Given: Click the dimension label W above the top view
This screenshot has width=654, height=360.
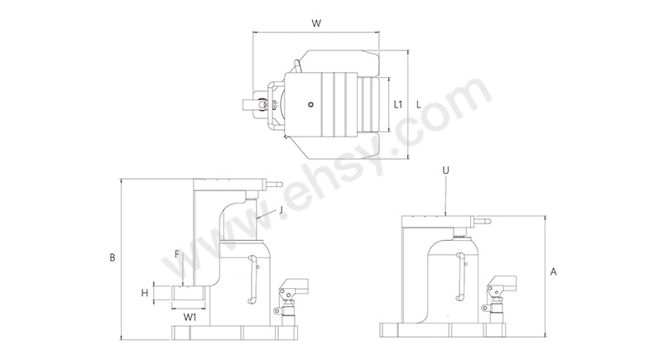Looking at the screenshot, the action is pyautogui.click(x=316, y=23).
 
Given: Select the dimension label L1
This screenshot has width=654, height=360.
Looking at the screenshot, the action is pyautogui.click(x=398, y=104).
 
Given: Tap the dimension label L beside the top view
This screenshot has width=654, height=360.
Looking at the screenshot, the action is pyautogui.click(x=419, y=105).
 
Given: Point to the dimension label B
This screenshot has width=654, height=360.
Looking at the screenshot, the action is pyautogui.click(x=113, y=258).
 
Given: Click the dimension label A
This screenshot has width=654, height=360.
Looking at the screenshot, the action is pyautogui.click(x=554, y=272).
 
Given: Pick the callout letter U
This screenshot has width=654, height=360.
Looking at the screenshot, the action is pyautogui.click(x=446, y=170).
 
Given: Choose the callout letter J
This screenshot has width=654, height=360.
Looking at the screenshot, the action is pyautogui.click(x=281, y=210).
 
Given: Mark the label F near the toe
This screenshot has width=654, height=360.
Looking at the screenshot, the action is pyautogui.click(x=177, y=254).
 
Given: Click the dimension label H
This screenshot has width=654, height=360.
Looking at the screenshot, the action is pyautogui.click(x=145, y=293).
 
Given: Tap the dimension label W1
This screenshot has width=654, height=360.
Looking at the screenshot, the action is pyautogui.click(x=190, y=318).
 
